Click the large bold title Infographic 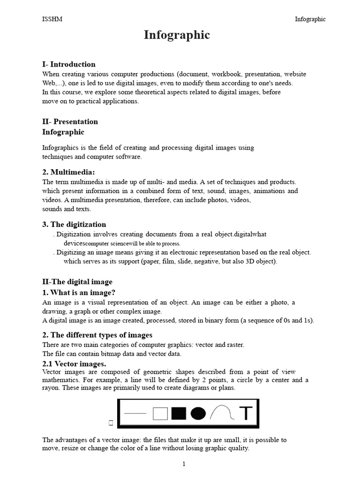click(177, 35)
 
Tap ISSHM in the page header click(52, 19)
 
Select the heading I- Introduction click(69, 64)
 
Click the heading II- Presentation click(70, 121)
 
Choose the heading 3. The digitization click(74, 224)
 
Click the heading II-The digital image click(77, 282)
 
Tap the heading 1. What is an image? click(79, 292)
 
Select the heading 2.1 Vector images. click(74, 364)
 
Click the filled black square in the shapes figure click(179, 413)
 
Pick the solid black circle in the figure click(198, 413)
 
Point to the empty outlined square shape click(160, 413)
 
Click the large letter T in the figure click(246, 413)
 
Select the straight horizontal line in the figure click(136, 413)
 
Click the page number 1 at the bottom click(184, 464)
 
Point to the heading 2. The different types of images click(97, 335)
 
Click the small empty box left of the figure click(111, 423)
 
